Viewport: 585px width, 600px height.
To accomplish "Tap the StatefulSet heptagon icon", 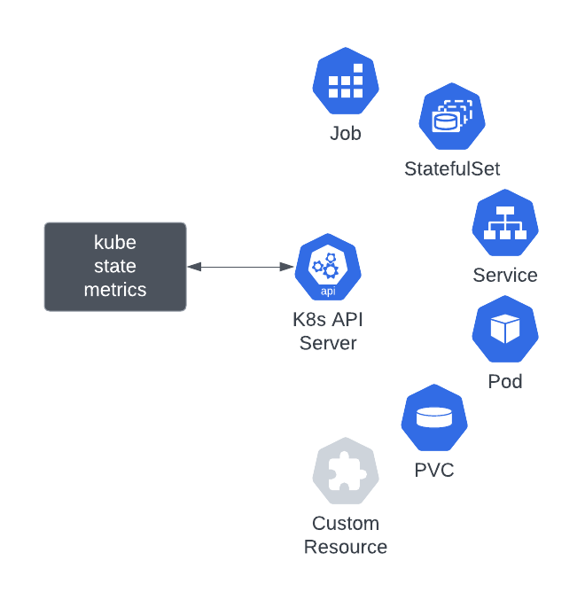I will pos(452,118).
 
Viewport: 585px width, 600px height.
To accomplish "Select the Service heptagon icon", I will pos(505,223).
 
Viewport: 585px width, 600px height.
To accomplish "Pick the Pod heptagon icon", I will pos(505,330).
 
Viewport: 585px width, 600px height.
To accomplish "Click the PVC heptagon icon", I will pos(434,418).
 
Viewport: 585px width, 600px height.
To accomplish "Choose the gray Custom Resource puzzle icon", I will pos(346,471).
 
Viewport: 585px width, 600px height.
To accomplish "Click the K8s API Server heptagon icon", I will pos(328,267).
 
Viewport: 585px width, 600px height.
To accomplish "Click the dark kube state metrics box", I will pos(115,267).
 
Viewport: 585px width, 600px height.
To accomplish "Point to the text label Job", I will pos(346,134).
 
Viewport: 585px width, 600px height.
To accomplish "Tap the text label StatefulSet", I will pos(452,168).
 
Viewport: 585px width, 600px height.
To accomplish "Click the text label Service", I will pos(505,275).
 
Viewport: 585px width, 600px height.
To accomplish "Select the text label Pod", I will pos(505,381).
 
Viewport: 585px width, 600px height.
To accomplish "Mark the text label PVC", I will pos(434,470).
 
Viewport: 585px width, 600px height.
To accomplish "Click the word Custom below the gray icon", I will pos(346,523).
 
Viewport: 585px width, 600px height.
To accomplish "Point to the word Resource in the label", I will pos(346,547).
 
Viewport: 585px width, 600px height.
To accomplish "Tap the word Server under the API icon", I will pos(328,343).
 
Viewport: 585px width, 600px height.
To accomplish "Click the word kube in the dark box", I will pos(115,243).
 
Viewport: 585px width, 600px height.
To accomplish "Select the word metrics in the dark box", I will pos(115,290).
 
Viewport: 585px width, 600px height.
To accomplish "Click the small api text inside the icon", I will pos(328,290).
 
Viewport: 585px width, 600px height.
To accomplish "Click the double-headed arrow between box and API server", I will pos(240,267).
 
